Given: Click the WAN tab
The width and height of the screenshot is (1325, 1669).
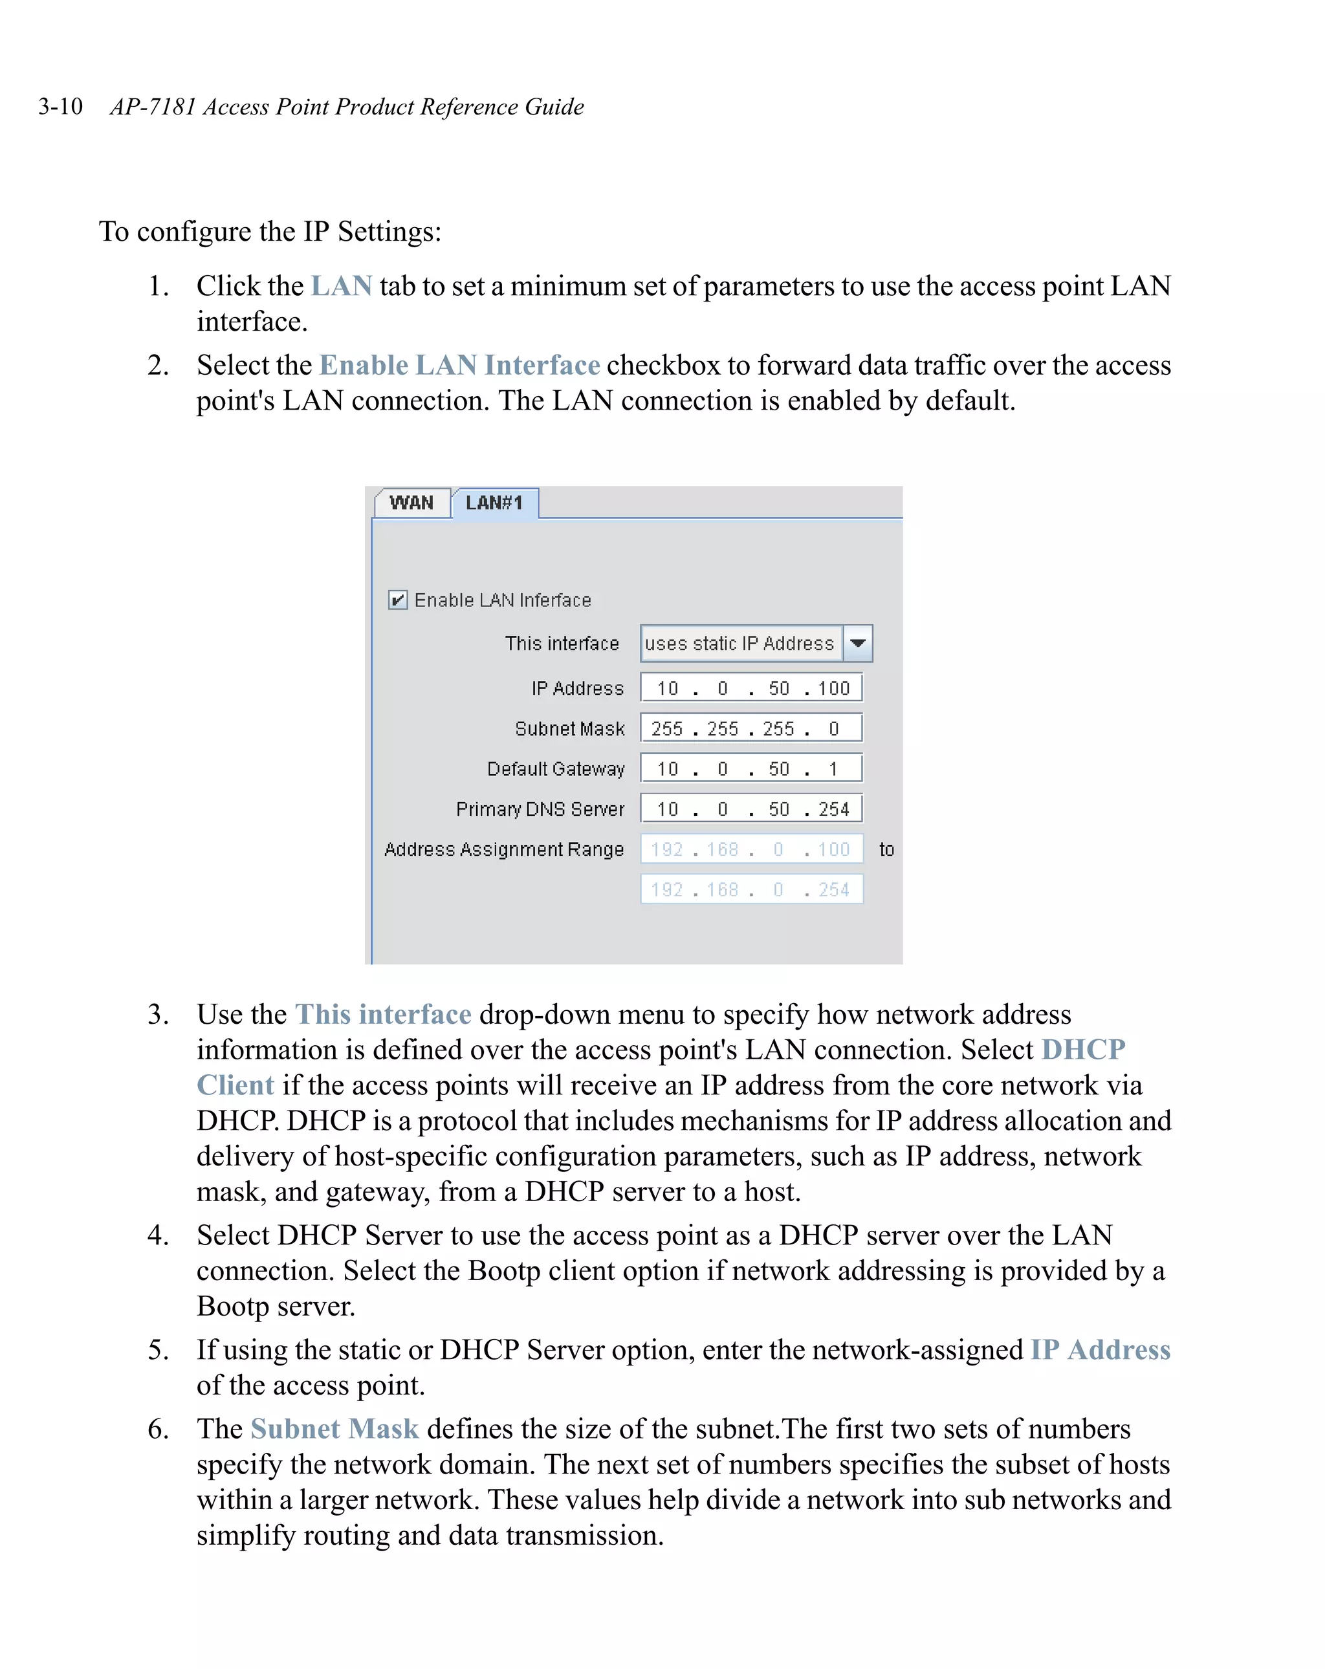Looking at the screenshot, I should (411, 503).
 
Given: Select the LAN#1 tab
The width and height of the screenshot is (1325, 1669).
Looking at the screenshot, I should (494, 503).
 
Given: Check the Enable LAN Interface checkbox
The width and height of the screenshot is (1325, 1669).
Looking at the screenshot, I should (398, 600).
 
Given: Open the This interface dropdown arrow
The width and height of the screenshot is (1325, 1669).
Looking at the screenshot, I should (857, 643).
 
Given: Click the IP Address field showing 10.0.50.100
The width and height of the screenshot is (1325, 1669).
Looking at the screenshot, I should (750, 688).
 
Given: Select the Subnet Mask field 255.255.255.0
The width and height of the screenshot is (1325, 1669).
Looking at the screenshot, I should (750, 729).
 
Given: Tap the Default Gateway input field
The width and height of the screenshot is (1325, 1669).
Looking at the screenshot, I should (750, 769).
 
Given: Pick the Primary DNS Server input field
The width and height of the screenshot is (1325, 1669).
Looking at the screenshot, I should (750, 809).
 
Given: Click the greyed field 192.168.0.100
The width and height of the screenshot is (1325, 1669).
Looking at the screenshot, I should (750, 849).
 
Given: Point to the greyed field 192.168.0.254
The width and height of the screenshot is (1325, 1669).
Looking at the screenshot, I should (750, 889).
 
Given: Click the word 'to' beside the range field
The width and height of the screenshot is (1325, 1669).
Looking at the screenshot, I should (886, 850).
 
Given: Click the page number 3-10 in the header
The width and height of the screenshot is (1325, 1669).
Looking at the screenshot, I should (60, 106).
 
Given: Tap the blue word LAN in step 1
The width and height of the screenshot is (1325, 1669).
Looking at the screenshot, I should (342, 287).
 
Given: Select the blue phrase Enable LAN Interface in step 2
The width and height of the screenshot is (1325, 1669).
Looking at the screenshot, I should (460, 366).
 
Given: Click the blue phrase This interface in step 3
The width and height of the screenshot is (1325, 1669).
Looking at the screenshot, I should (383, 1014).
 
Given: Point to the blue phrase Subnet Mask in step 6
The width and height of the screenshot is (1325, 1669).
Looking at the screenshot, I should (334, 1429).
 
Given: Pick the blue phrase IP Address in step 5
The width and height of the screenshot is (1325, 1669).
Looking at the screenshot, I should (1100, 1350).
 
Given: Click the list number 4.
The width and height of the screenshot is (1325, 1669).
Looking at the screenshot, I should (157, 1235).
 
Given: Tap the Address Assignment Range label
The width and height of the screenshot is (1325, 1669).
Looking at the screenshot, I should (504, 850).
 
